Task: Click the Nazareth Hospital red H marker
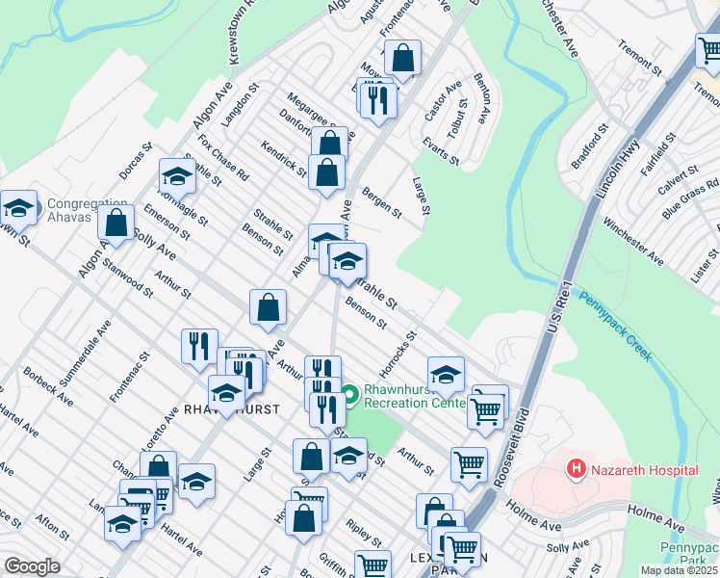[577, 469]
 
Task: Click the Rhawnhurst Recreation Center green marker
[348, 394]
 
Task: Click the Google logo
[32, 566]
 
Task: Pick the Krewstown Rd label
[243, 34]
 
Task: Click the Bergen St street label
[381, 203]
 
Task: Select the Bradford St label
[589, 144]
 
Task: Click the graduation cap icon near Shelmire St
[177, 175]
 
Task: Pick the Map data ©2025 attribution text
[680, 570]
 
